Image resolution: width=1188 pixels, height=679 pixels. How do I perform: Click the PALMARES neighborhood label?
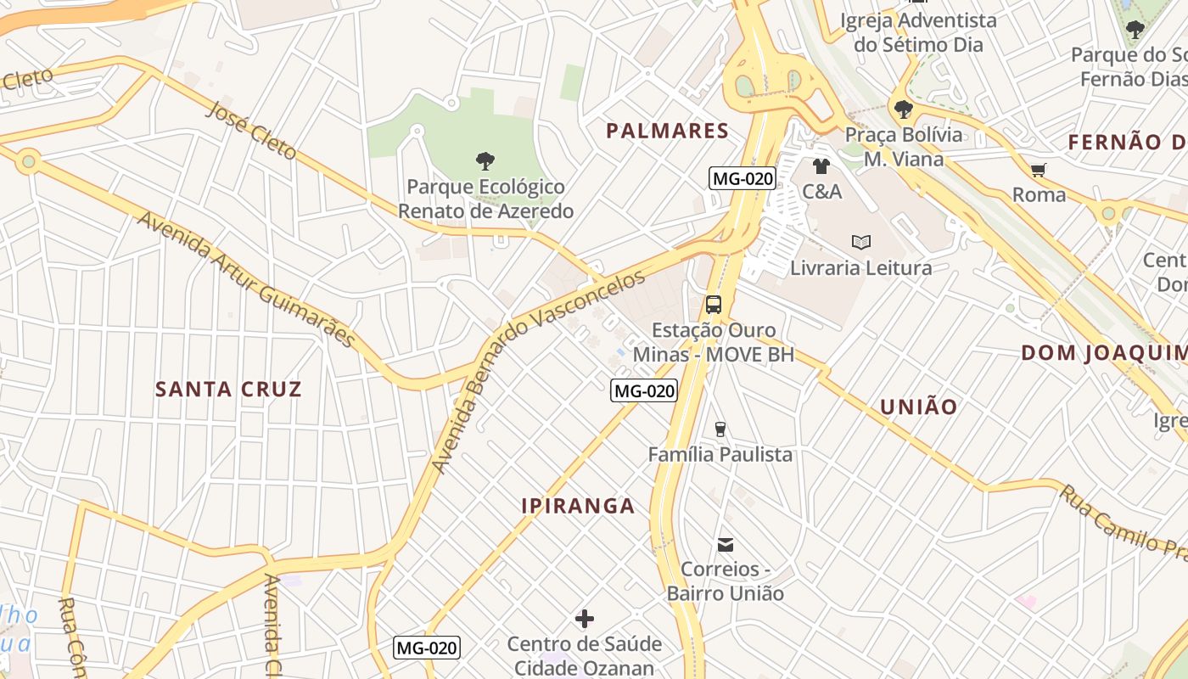(x=667, y=131)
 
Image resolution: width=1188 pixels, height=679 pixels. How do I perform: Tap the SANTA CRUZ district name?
(x=228, y=390)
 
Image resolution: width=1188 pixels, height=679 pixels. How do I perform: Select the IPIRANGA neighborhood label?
(x=578, y=506)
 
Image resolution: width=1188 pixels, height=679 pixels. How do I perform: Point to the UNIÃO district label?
(x=918, y=407)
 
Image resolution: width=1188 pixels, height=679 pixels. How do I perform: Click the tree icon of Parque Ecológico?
(x=485, y=160)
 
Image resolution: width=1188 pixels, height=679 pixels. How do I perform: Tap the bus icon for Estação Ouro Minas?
(x=714, y=304)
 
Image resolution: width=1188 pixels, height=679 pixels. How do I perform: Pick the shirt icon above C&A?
(x=821, y=166)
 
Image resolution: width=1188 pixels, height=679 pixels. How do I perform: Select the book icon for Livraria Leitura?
(x=861, y=243)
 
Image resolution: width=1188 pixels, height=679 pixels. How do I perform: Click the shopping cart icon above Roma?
(x=1038, y=170)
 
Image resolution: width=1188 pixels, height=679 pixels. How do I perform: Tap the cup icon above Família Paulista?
(x=720, y=429)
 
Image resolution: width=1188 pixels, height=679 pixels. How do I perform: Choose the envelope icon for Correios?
(x=726, y=544)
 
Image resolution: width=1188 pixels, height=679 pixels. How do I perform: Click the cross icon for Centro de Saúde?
(x=585, y=619)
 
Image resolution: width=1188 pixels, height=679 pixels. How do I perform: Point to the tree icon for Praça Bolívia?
(x=903, y=109)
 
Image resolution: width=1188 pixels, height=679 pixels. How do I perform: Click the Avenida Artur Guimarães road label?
(x=246, y=279)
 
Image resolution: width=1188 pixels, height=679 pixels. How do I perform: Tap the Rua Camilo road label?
(x=1120, y=521)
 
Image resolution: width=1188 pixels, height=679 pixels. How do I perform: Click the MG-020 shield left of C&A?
(x=742, y=178)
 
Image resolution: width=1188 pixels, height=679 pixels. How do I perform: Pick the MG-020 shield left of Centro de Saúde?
(x=427, y=648)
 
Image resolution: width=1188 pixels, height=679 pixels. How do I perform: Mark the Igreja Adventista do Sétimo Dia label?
(x=918, y=31)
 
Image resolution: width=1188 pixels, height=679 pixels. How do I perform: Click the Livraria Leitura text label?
(x=860, y=268)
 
